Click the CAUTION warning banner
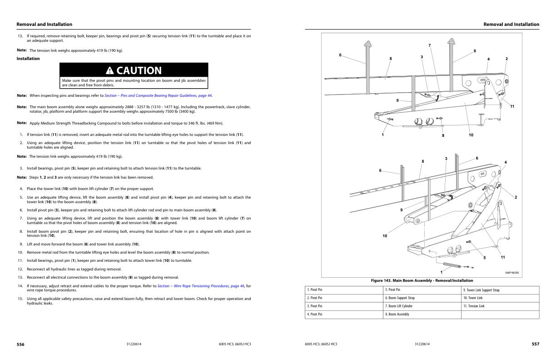click(134, 70)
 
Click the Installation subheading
click(28, 59)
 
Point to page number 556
click(20, 345)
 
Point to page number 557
click(536, 345)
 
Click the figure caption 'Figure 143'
click(422, 280)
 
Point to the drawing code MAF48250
click(512, 273)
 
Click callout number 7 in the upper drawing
click(430, 45)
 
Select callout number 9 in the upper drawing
click(397, 100)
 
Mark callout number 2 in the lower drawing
click(516, 197)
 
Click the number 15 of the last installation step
click(20, 299)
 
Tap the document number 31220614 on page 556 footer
click(134, 345)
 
